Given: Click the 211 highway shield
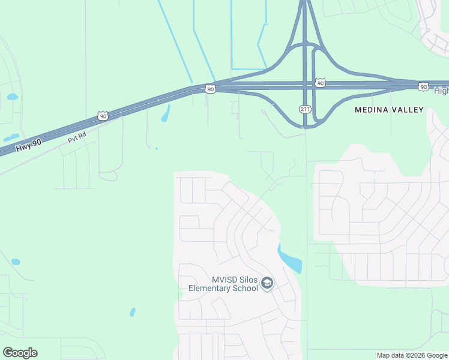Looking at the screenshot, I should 305,109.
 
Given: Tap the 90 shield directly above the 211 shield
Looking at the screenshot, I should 320,83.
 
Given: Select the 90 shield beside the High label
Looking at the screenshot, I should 424,87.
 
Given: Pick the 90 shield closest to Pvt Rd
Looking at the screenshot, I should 103,115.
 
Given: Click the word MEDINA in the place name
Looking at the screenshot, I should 374,110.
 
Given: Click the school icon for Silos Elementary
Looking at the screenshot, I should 268,283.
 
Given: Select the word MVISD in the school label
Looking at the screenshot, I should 225,280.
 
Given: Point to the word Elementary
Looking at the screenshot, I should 210,288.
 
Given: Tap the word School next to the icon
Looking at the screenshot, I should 246,288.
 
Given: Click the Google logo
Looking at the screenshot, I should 20,353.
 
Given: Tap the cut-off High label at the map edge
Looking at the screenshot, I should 441,91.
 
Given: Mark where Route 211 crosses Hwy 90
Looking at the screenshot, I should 305,85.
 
